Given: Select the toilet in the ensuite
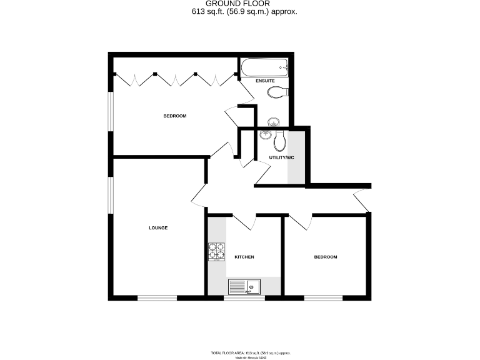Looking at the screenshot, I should pyautogui.click(x=276, y=92).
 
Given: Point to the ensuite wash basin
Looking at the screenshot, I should pyautogui.click(x=274, y=121).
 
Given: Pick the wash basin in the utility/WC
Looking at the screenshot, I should pyautogui.click(x=264, y=136).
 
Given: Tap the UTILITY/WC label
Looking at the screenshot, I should pyautogui.click(x=281, y=157).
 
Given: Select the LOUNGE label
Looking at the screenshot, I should pyautogui.click(x=158, y=228).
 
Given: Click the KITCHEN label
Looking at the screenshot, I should pyautogui.click(x=244, y=257).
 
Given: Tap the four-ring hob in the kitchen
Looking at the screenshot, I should pyautogui.click(x=217, y=251).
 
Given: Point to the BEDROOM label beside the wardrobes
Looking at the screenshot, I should pyautogui.click(x=175, y=116).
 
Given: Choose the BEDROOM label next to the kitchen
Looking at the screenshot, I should pyautogui.click(x=325, y=257).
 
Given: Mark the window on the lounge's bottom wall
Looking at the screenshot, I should pyautogui.click(x=157, y=298).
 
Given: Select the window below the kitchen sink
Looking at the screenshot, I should pyautogui.click(x=244, y=298).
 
